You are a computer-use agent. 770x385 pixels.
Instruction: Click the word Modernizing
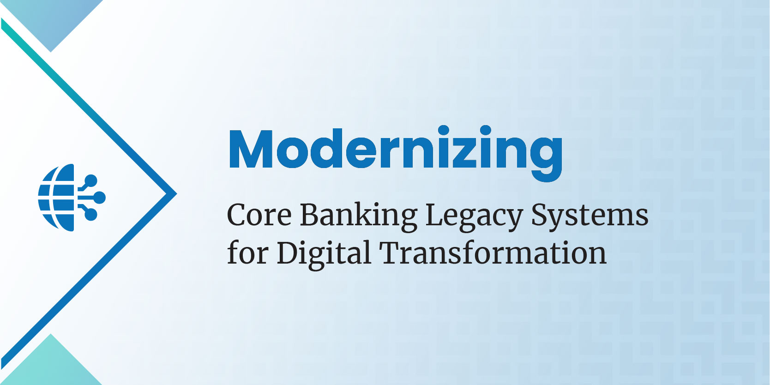396,153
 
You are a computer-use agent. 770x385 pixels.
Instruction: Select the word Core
259,215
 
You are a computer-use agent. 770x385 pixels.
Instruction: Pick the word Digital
324,255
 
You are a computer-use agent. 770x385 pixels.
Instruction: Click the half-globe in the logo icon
56,198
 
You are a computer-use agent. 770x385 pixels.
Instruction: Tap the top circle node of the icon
91,181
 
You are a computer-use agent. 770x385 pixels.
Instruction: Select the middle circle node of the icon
99,198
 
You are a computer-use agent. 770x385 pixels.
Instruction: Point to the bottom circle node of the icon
91,215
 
